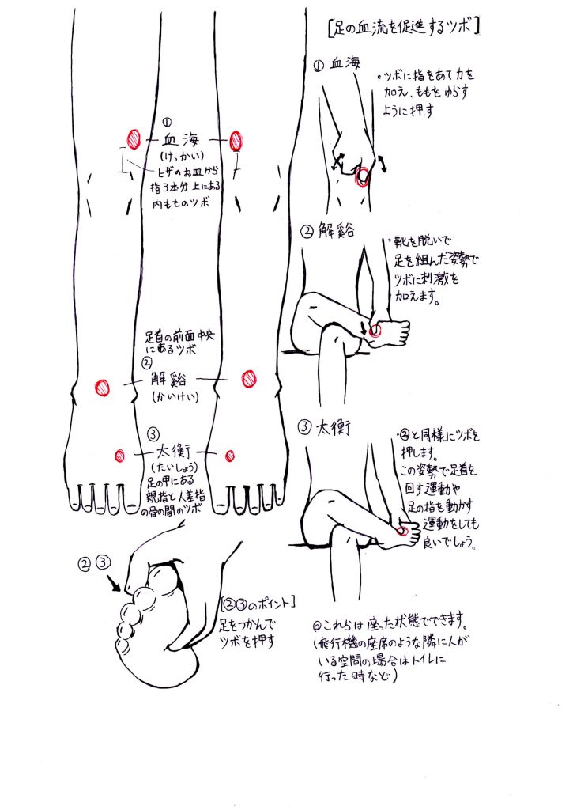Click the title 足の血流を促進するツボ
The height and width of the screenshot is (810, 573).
click(404, 27)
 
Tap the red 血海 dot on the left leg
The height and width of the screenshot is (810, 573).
click(134, 139)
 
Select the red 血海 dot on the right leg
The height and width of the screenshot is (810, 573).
click(236, 141)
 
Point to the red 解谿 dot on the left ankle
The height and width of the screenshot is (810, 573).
click(102, 388)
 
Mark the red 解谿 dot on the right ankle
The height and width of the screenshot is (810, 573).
click(249, 378)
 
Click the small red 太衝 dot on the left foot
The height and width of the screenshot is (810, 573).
click(120, 455)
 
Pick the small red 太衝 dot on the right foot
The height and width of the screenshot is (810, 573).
click(230, 455)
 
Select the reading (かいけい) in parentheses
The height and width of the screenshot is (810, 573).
click(175, 396)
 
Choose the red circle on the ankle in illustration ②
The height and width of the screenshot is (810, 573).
click(375, 332)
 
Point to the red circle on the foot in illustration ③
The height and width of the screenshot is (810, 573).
click(405, 531)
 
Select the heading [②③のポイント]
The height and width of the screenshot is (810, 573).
click(258, 603)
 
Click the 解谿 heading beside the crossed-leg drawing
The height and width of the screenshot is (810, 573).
click(336, 231)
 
